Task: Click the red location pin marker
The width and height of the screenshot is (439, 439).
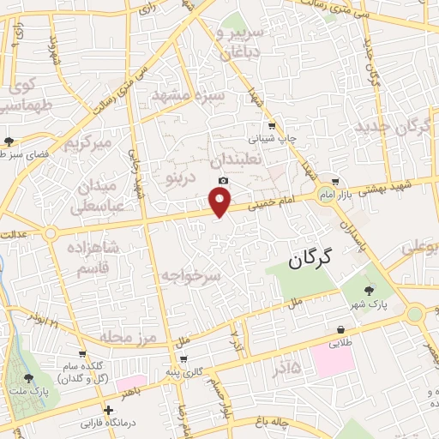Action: click(x=221, y=202)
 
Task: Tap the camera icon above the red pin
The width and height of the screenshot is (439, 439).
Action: click(x=224, y=181)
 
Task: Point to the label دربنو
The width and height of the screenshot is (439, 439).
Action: click(x=179, y=177)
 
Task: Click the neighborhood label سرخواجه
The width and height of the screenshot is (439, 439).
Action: click(x=190, y=274)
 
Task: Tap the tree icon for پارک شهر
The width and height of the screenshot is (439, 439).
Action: click(x=370, y=292)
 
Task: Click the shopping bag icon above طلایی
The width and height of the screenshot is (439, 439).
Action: click(x=341, y=329)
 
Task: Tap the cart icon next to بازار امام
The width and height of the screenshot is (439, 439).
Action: click(x=335, y=181)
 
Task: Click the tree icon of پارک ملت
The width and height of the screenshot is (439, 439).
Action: click(x=28, y=378)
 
